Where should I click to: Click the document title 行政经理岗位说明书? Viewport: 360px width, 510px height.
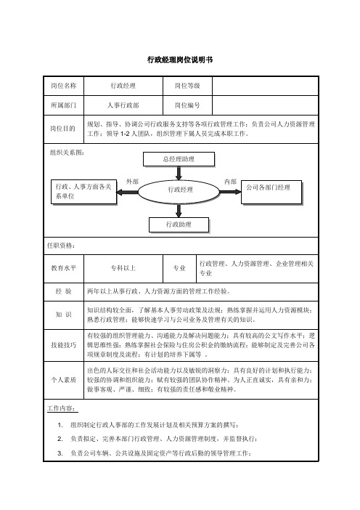(x=180, y=60)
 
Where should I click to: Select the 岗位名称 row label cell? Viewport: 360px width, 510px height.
(x=64, y=86)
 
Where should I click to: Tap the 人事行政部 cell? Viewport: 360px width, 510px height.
(x=123, y=105)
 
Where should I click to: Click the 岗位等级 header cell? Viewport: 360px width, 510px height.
(x=187, y=86)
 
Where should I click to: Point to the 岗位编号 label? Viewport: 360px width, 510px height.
(x=187, y=105)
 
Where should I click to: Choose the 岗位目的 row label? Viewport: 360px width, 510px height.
(x=63, y=129)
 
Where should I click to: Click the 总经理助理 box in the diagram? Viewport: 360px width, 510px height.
(x=179, y=159)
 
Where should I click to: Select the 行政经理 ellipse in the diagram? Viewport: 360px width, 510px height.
(x=179, y=192)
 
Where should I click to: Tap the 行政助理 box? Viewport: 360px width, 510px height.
(x=179, y=224)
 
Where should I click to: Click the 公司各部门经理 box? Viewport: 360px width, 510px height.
(x=271, y=193)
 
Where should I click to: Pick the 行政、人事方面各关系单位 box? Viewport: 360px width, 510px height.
(x=83, y=192)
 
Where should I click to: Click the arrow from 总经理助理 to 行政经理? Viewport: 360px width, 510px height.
(x=179, y=173)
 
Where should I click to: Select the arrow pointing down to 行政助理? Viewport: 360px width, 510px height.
(x=179, y=211)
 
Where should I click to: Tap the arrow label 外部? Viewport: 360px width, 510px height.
(x=132, y=182)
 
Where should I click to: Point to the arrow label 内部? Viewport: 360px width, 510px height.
(x=230, y=182)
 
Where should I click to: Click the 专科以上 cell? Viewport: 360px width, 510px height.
(x=123, y=268)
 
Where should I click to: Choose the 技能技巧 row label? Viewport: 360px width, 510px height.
(x=64, y=345)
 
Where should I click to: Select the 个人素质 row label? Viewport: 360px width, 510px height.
(x=64, y=380)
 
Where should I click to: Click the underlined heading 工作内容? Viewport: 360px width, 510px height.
(x=62, y=408)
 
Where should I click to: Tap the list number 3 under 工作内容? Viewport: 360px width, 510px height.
(x=60, y=453)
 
